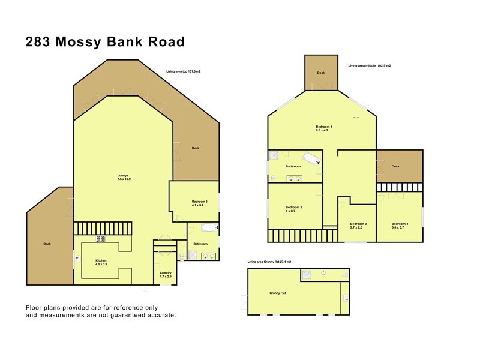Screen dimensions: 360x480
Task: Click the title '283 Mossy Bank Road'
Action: pos(104,41)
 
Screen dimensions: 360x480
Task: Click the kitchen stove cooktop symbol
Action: pos(100,239)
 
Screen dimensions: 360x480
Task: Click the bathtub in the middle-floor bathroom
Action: pos(311,159)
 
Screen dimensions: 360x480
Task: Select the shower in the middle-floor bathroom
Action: pos(274,155)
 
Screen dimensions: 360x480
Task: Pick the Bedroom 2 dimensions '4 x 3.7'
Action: pos(293,211)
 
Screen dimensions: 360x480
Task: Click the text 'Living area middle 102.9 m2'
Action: pos(370,65)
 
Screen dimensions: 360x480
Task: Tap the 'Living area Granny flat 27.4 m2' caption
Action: pos(269,262)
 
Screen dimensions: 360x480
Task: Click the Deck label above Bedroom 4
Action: pos(395,167)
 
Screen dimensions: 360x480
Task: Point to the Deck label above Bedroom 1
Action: pos(321,73)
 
